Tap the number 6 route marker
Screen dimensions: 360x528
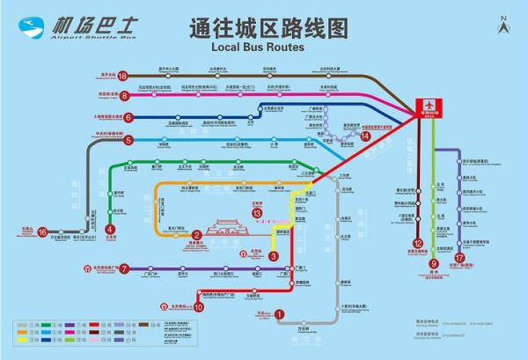pos(128,116)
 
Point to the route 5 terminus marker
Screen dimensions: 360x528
pos(128,140)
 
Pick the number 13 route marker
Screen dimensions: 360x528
pos(257,213)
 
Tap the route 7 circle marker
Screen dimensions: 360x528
pos(124,268)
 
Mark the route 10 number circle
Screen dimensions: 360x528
pos(199,307)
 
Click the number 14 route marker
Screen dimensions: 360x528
pos(366,136)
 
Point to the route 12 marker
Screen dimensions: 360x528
pos(418,244)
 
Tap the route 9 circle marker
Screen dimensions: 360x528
pos(434,262)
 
